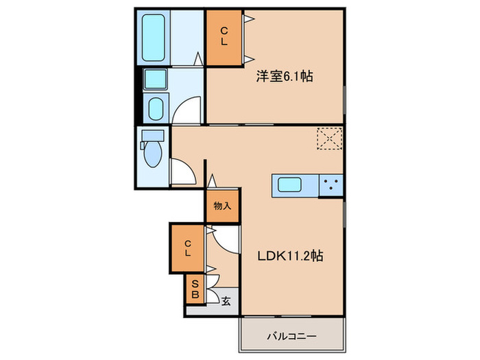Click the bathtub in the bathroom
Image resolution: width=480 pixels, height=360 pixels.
pos(154,38)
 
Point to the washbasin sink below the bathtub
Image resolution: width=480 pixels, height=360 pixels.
pos(156,107)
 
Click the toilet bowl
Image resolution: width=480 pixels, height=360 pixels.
pos(152,152)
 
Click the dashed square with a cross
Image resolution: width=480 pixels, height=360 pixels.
pos(331,138)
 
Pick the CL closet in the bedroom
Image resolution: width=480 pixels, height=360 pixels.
pos(224,38)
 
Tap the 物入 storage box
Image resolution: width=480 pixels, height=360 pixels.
pos(222,206)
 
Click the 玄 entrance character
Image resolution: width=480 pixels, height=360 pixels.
pos(226,298)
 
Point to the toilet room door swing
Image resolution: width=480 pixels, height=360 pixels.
pos(182,171)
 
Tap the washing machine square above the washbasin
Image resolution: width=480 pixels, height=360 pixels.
pos(156,79)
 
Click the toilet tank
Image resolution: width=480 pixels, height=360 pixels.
pos(152,135)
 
